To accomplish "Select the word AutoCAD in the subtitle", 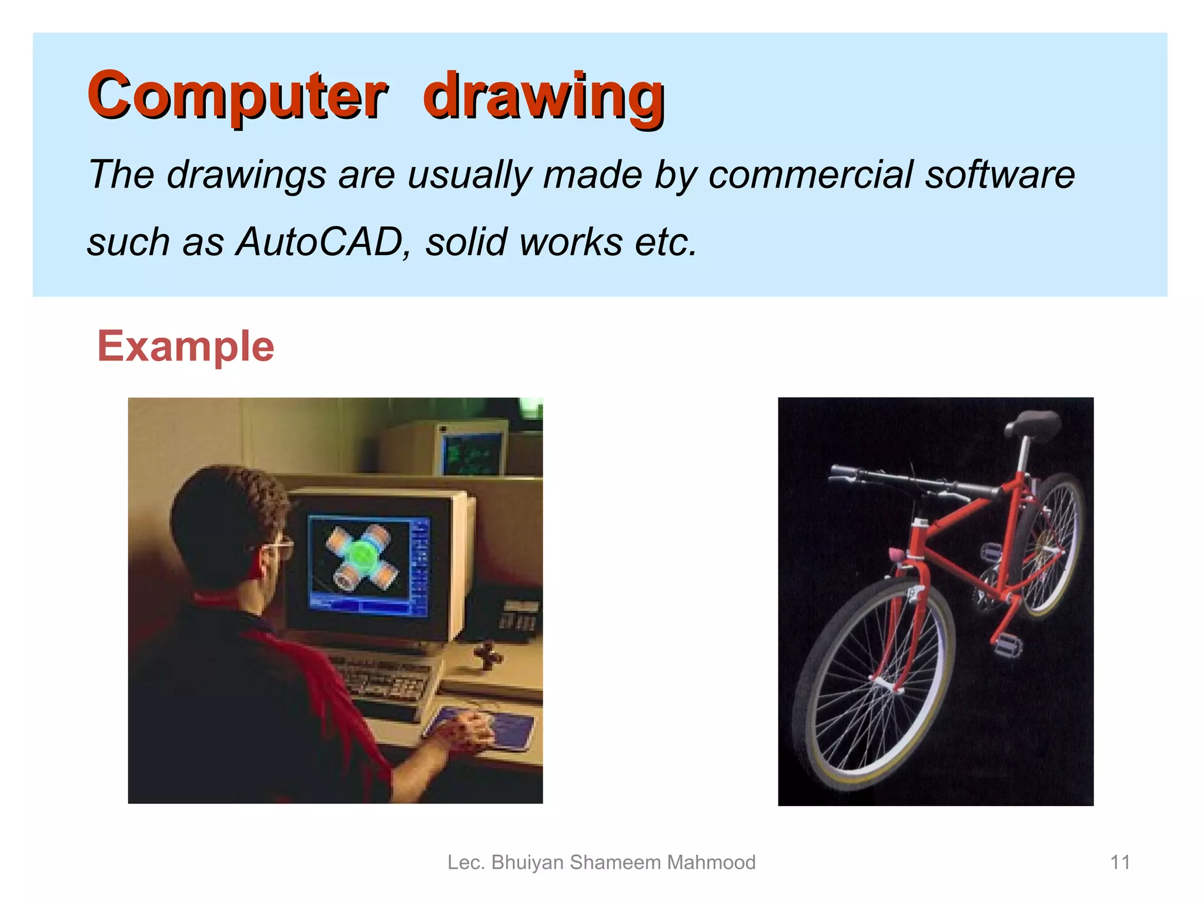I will pos(319,242).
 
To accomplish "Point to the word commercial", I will pos(810,175).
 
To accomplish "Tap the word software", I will pos(1000,175).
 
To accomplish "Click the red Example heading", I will pos(186,346).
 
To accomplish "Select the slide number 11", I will pos(1120,862).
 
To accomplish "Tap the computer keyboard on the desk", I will pos(388,682).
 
